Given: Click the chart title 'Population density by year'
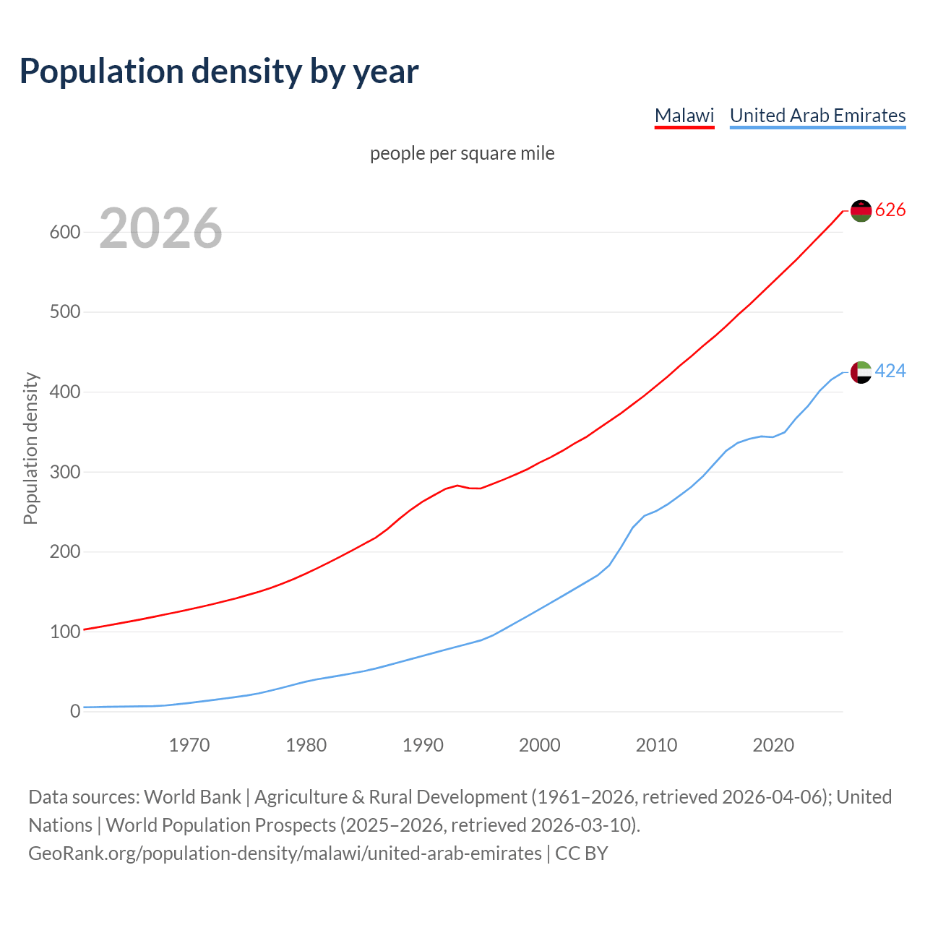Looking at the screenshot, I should pos(219,71).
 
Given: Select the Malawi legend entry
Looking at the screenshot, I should pos(684,116).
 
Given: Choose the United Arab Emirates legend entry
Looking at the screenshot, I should pos(817,116).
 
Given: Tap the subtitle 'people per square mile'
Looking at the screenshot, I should pos(462,154).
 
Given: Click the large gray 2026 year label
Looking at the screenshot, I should pos(160,228).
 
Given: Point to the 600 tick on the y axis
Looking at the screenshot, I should pos(64,233).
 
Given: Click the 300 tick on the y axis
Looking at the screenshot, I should pos(64,472).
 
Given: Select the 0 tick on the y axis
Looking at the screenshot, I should pos(75,712).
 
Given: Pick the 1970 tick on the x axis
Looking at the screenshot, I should pos(189,745).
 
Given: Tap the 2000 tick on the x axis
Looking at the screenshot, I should pos(539,745).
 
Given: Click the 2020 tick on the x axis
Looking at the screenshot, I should pos(773,745).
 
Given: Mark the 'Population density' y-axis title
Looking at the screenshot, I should pos(30,448).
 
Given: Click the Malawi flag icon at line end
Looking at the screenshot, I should pos(861,210).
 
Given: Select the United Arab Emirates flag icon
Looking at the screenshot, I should pos(861,372).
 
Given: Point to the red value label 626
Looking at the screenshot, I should pos(890,210).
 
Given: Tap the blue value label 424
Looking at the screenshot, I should pos(890,371).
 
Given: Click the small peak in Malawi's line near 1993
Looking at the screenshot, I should pos(457,486).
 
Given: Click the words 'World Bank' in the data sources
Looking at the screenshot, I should pos(192,797).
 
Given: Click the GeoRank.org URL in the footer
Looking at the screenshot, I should pos(285,853).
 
